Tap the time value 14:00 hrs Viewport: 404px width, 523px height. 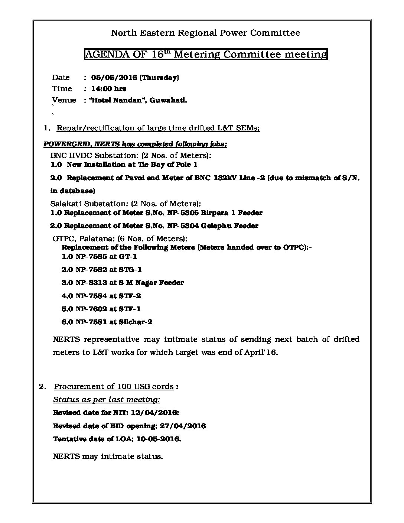108,89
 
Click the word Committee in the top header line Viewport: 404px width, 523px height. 275,33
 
